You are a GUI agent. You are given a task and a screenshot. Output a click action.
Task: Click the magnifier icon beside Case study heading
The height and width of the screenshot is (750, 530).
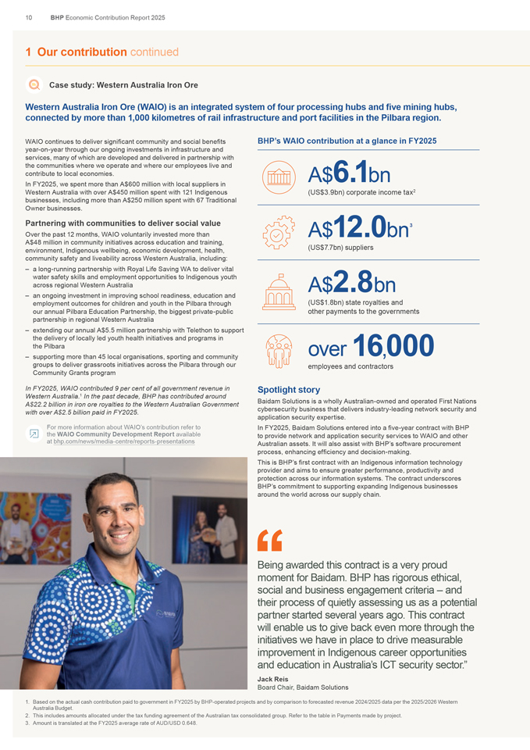pyautogui.click(x=34, y=84)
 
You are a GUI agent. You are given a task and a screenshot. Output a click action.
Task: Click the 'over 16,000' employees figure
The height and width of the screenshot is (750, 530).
pyautogui.click(x=371, y=346)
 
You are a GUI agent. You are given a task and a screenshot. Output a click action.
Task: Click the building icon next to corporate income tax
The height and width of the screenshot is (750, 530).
pyautogui.click(x=279, y=177)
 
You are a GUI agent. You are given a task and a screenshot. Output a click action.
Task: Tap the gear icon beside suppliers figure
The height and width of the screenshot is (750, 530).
pyautogui.click(x=279, y=232)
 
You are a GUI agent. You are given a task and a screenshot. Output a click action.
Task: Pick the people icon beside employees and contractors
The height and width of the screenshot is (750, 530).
pyautogui.click(x=279, y=350)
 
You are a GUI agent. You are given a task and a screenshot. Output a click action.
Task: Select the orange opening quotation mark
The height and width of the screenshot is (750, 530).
pyautogui.click(x=269, y=539)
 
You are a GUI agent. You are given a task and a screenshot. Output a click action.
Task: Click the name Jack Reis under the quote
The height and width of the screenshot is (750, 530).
pyautogui.click(x=272, y=680)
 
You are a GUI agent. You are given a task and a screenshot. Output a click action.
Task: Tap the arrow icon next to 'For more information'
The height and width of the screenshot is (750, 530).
pyautogui.click(x=34, y=434)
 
